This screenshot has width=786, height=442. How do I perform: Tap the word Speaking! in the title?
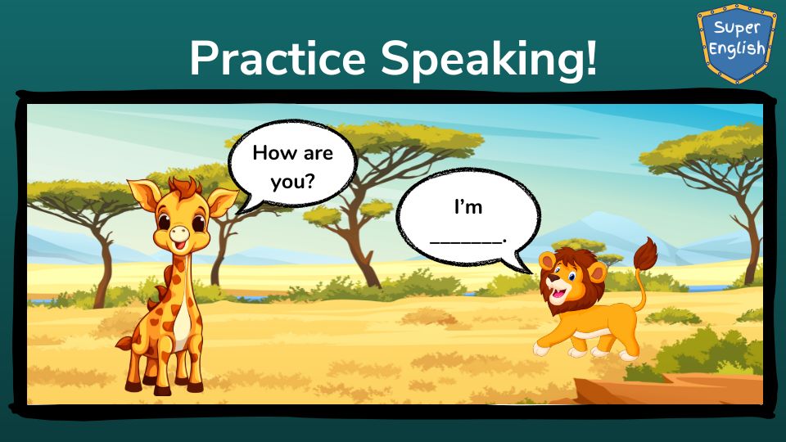pyautogui.click(x=490, y=60)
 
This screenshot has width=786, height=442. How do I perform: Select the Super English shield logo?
pyautogui.click(x=736, y=43)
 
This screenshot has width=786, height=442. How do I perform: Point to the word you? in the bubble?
pyautogui.click(x=292, y=182)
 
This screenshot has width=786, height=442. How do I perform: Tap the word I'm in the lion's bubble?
pyautogui.click(x=468, y=206)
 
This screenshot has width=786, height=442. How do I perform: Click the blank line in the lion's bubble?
pyautogui.click(x=467, y=241)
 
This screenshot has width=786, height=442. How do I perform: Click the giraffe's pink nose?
pyautogui.click(x=179, y=233)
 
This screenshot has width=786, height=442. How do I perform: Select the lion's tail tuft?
pyautogui.click(x=645, y=254)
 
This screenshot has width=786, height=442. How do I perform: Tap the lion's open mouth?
pyautogui.click(x=558, y=292)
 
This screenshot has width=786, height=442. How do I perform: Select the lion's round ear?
pyautogui.click(x=597, y=273)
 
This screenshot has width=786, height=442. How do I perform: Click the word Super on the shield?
pyautogui.click(x=737, y=28)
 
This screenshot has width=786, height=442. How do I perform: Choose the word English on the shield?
pyautogui.click(x=737, y=49)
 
